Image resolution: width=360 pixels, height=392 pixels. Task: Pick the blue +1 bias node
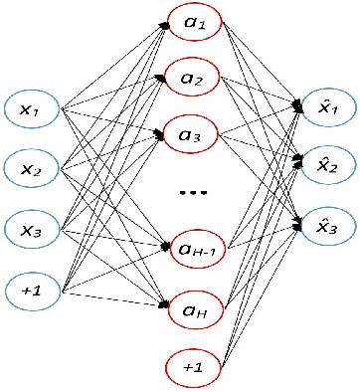[33, 291]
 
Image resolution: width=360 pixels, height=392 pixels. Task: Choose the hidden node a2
[194, 78]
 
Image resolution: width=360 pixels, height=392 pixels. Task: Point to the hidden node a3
[194, 132]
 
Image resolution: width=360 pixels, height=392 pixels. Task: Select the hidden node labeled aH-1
[195, 242]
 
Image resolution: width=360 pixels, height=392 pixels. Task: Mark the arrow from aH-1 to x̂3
[264, 236]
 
